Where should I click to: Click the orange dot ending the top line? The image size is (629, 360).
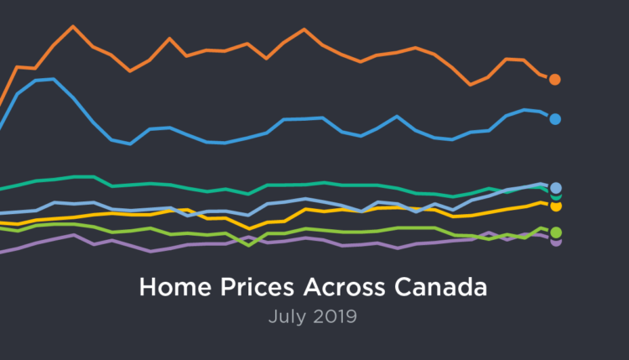pos(554,79)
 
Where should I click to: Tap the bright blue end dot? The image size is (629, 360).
pos(554,119)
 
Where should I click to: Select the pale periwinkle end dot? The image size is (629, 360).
pos(555,188)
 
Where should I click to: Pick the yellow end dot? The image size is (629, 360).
pos(555,206)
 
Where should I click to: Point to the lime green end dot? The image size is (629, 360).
pos(555,232)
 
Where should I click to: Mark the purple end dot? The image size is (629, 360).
pos(555,242)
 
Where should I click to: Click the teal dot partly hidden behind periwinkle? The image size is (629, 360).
pos(555,196)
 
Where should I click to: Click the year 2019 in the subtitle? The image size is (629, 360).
pos(335,317)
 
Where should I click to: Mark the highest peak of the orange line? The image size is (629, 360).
pos(73,26)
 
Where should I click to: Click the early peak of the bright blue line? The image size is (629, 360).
pos(53,79)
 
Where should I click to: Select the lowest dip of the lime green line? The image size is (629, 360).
pos(248,246)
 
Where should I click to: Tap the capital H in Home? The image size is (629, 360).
pos(148,288)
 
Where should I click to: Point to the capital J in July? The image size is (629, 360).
pos(273,317)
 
